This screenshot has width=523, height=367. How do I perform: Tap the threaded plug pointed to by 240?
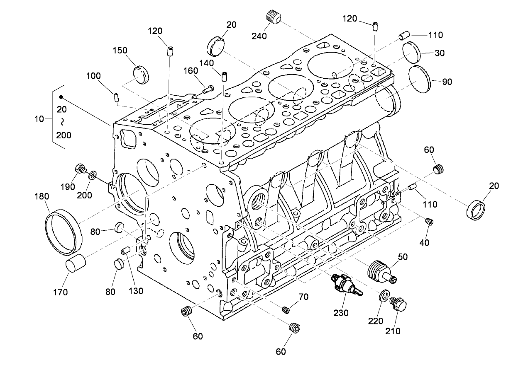273,17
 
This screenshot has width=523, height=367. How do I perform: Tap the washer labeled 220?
384,297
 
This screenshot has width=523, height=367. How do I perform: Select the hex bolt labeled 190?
80,169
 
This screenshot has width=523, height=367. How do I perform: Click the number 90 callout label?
447,82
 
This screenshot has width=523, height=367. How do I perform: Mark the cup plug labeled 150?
140,74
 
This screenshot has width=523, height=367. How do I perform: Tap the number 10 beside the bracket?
39,119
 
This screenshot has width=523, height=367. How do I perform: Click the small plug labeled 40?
430,222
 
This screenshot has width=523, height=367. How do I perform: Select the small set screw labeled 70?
285,309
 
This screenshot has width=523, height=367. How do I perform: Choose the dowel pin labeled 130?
126,251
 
